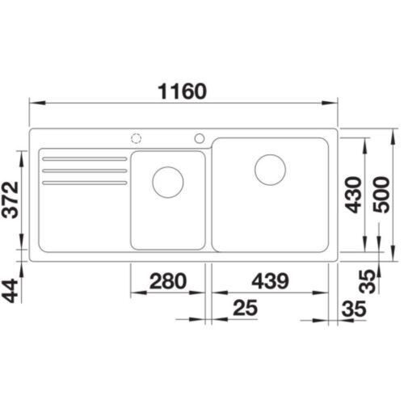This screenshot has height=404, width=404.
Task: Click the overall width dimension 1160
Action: (183, 91)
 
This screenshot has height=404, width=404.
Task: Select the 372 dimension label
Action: (11, 200)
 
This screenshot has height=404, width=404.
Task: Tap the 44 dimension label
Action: (11, 292)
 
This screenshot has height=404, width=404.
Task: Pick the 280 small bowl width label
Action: (168, 281)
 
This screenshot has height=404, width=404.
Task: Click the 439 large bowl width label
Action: (271, 281)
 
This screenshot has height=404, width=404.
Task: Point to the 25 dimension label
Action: (246, 308)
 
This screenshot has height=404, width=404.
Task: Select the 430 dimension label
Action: (353, 195)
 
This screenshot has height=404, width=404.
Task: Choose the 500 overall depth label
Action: (381, 195)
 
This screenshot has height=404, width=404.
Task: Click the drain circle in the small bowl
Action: (168, 182)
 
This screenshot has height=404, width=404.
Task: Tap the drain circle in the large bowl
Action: (270, 170)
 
